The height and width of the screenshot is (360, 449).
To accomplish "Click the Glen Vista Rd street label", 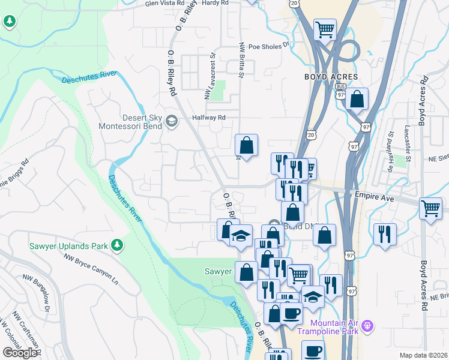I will [x=167, y=3].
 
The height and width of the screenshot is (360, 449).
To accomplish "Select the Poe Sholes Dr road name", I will [x=269, y=45].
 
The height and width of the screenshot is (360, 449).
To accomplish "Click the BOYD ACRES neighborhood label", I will [x=331, y=77].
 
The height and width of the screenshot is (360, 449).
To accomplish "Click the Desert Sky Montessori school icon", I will [x=172, y=122].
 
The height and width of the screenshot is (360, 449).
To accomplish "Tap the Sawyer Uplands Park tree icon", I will [x=118, y=245].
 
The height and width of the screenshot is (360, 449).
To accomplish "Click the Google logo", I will [x=20, y=353].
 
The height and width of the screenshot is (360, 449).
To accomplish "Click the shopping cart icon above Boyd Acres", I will [x=325, y=29].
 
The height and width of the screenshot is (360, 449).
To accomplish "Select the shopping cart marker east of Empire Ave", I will [x=430, y=209].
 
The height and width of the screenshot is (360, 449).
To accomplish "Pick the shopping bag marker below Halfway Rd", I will [x=246, y=145].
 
